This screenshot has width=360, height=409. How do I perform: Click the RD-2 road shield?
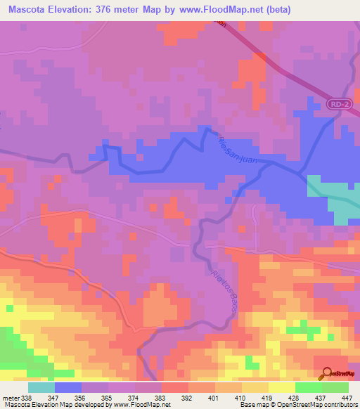click(337, 104)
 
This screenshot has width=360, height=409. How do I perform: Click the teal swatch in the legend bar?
click(41, 387)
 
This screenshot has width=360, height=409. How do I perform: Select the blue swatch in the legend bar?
click(68, 387)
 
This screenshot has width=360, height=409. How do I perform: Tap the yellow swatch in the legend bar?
click(282, 387)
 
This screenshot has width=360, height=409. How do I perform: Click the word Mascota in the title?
click(33, 10)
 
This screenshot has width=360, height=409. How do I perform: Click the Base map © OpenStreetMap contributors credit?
click(298, 405)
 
